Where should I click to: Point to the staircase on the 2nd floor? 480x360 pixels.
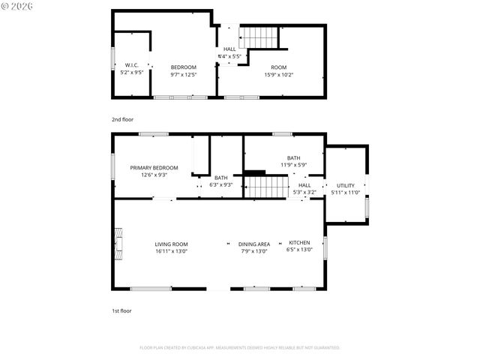coord(259,36)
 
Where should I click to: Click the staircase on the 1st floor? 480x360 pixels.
coord(268,186)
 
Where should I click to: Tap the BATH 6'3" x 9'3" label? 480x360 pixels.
coord(220,181)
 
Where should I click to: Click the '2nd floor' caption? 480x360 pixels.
coord(121,119)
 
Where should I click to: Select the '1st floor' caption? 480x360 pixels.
coord(121,310)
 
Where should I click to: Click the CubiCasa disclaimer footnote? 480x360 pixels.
coord(240,347)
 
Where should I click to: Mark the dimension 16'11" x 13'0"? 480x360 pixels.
coord(171,252)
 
